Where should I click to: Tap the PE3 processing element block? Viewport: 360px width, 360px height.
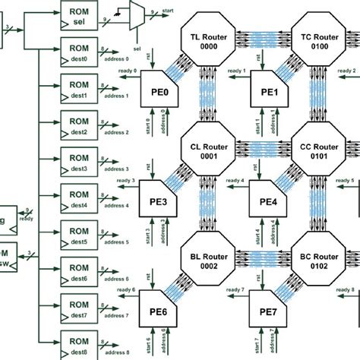coord(160,202)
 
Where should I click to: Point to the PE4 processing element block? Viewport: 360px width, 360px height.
coord(270,202)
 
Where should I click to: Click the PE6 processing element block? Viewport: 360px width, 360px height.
coord(160,313)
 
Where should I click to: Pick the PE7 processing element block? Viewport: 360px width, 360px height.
coord(270,313)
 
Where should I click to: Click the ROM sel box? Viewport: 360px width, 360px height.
coord(78,16)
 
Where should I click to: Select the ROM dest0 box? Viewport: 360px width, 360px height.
coord(78,53)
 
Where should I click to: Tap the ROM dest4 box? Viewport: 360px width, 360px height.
coord(78,199)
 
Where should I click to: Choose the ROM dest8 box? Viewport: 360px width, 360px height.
coord(78,345)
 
